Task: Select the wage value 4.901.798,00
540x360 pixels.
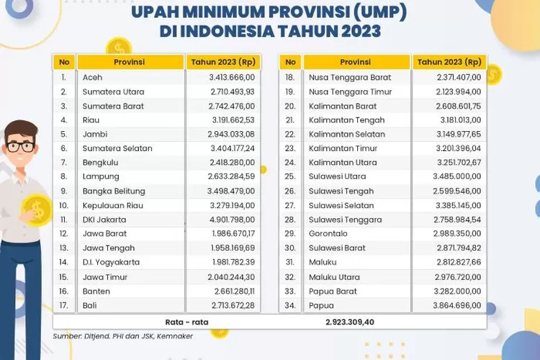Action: click(232, 220)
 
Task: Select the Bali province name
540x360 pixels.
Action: click(91, 305)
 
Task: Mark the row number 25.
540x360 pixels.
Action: click(290, 176)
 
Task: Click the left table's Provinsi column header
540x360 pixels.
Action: click(129, 62)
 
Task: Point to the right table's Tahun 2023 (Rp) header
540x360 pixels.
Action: click(449, 62)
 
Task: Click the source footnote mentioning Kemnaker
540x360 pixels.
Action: click(122, 336)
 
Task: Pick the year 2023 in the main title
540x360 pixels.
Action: click(358, 32)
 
